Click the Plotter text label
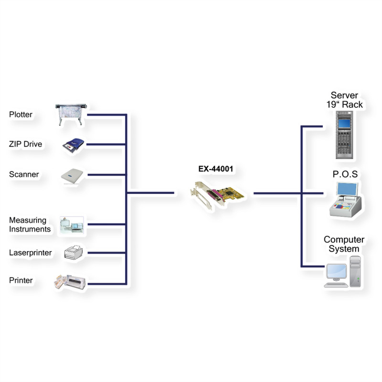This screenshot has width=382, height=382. pyautogui.click(x=21, y=115)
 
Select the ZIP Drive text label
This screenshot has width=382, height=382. pyautogui.click(x=25, y=144)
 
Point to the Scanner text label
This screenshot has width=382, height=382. pyautogui.click(x=24, y=175)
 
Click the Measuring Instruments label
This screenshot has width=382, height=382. pyautogui.click(x=29, y=225)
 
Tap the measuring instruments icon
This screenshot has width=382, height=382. pyautogui.click(x=72, y=224)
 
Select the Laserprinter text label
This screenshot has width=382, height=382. pyautogui.click(x=31, y=253)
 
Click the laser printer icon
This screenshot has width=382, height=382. pyautogui.click(x=74, y=253)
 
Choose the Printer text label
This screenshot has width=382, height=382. pyautogui.click(x=21, y=280)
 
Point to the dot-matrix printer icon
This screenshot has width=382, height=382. pyautogui.click(x=71, y=283)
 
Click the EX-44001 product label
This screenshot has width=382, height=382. pyautogui.click(x=217, y=169)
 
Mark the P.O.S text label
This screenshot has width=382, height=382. pyautogui.click(x=345, y=174)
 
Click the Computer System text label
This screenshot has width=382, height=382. pyautogui.click(x=344, y=244)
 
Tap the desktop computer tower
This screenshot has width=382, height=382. pyautogui.click(x=355, y=271)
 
